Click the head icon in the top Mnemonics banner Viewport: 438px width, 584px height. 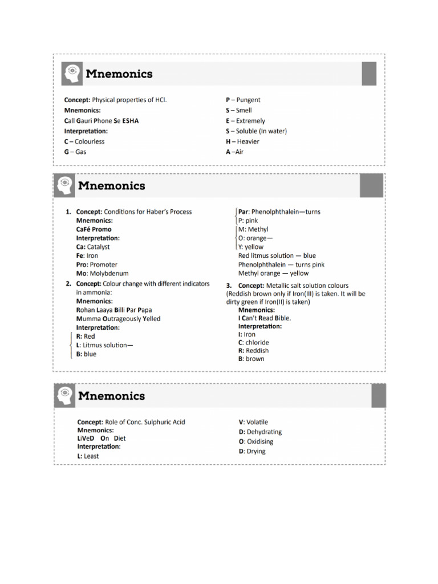coord(72,74)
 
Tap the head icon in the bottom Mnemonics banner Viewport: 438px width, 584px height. coord(65,395)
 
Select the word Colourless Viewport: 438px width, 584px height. coord(90,141)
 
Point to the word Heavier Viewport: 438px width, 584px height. coord(248,141)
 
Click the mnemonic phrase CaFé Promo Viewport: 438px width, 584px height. coord(94,229)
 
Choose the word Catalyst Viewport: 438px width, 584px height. coord(99,247)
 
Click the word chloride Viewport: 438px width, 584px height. coord(258,343)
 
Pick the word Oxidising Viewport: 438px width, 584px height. coord(260,441)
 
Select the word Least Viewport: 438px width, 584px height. coord(91,456)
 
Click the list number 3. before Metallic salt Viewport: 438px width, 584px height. coord(229,286)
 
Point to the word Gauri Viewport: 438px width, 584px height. coord(85,121)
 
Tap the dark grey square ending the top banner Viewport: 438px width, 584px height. coord(369,74)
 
